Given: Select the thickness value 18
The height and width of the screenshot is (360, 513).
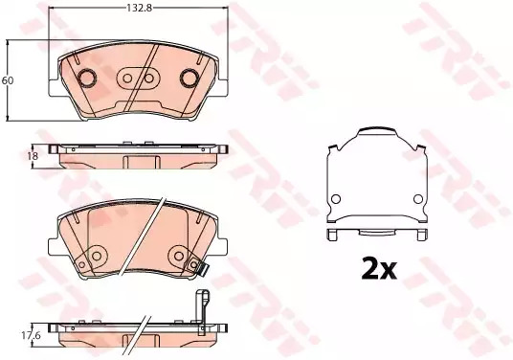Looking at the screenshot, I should point(31,155).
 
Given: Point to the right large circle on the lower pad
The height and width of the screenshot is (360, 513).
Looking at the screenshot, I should point(178,256).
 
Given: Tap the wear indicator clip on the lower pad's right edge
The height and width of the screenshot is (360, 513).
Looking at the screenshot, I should point(197,266).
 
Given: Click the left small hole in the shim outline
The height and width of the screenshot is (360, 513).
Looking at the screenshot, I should point(336,199).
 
